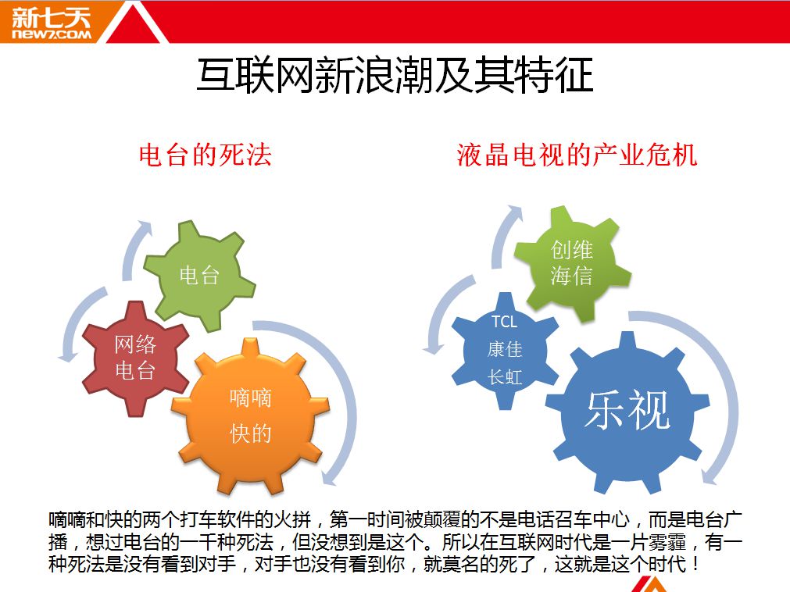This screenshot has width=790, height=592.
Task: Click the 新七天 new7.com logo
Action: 50,23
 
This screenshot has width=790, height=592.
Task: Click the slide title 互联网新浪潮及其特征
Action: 395,76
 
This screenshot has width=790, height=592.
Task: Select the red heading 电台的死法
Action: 205,155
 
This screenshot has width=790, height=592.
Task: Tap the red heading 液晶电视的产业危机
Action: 577,155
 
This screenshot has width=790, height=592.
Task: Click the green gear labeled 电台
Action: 199,276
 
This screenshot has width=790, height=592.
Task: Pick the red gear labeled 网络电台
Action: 135,358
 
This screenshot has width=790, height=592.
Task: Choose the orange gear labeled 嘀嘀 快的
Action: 250,415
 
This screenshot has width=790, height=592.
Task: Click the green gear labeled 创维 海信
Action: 572,262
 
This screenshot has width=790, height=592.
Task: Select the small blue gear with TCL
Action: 505,350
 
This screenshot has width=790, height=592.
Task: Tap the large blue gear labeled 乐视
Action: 627,410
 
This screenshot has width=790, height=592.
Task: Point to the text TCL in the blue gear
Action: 504,322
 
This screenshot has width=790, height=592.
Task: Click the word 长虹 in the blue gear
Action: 505,376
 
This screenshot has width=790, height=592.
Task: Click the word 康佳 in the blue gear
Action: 505,349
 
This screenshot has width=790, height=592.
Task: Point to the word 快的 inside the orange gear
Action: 250,433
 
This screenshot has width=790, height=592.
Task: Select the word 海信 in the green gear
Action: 572,276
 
